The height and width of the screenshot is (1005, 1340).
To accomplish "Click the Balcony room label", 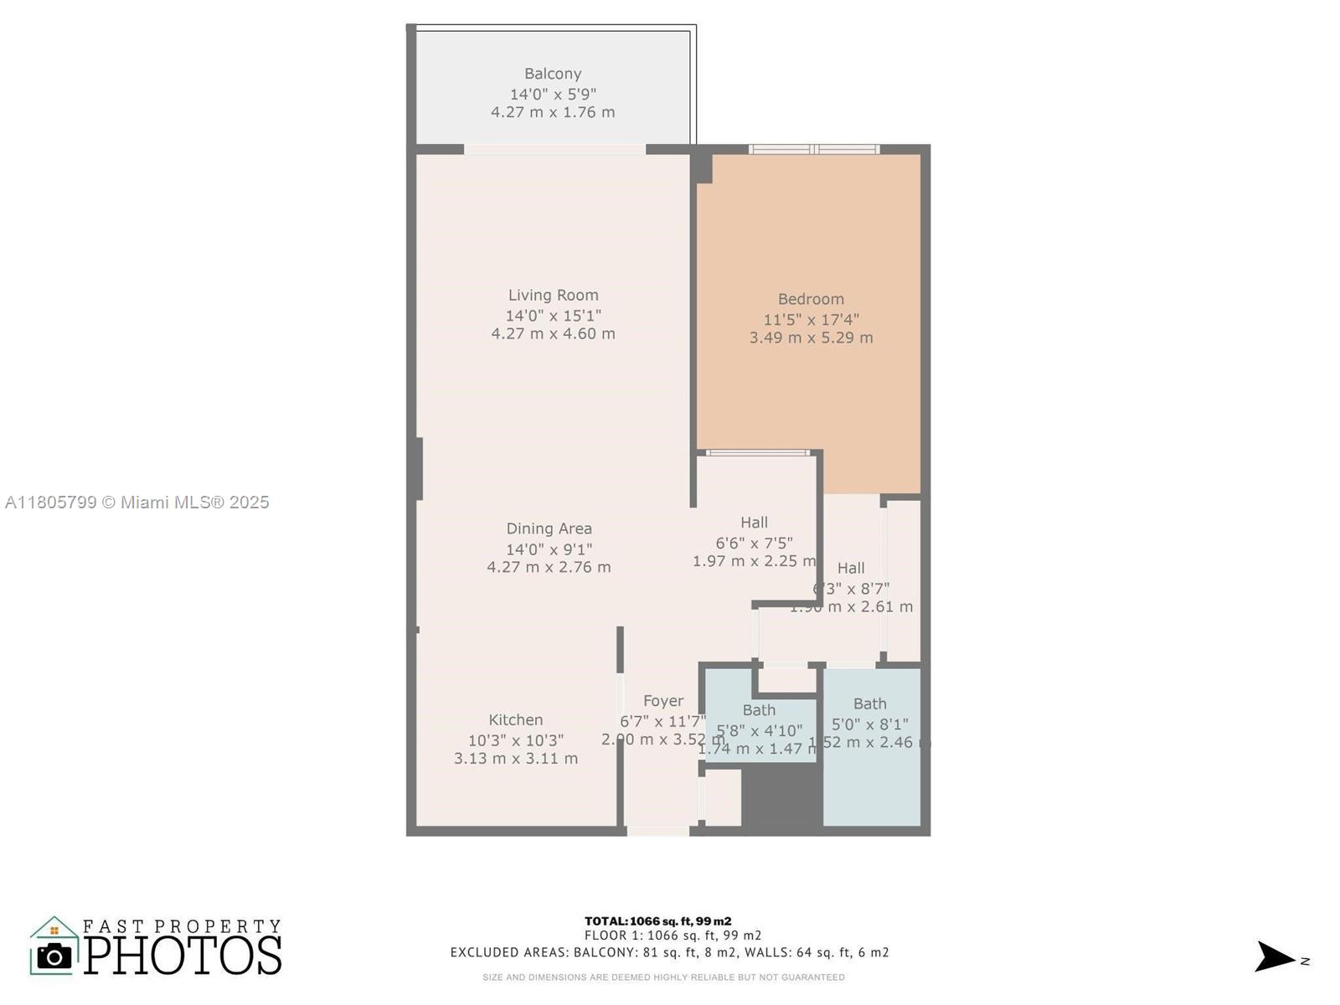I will tap(553, 74).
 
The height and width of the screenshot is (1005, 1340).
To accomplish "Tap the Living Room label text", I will tap(553, 295).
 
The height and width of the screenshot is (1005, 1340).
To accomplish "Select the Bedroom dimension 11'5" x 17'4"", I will tap(811, 319).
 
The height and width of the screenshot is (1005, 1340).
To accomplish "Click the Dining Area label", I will tap(549, 528).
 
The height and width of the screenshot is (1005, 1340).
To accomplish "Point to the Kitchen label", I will tap(516, 719).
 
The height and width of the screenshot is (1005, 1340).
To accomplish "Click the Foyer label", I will tap(663, 701).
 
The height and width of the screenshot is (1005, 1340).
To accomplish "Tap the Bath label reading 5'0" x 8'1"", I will tap(869, 723).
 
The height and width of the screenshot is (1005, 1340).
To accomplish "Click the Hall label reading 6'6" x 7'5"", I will tap(754, 542).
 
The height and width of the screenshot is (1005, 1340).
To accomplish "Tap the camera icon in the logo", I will tap(55, 956).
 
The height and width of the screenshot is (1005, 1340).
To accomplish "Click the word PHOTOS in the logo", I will tap(183, 956).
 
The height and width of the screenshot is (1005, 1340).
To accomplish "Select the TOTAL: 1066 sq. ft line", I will tap(657, 921).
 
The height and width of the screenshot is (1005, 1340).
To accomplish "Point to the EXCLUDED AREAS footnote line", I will tap(669, 952).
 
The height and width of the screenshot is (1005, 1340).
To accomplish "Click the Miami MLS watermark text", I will tap(137, 502).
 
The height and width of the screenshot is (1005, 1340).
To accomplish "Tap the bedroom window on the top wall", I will tap(814, 150).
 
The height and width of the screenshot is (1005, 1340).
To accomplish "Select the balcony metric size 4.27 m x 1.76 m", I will tap(553, 112).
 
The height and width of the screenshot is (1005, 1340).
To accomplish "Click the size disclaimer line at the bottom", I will tap(663, 977).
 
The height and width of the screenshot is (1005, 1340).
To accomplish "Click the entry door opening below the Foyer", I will tap(658, 831).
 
